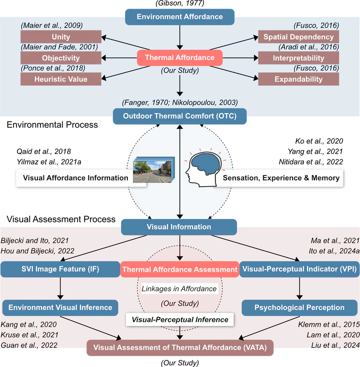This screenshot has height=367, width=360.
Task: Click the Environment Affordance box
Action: tap(180, 16)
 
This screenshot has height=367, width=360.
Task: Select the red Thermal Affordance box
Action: tap(179, 57)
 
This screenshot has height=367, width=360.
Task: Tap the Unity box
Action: tap(60, 37)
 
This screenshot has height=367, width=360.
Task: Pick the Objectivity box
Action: tap(60, 58)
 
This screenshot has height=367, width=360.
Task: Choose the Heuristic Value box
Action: tap(60, 79)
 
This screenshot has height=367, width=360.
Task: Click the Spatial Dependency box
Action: tap(298, 37)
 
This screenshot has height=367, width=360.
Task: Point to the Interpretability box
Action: tap(298, 58)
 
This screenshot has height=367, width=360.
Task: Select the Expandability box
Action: tap(298, 79)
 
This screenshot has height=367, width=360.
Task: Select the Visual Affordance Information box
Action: tap(75, 177)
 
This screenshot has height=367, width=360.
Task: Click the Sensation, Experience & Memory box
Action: tap(280, 177)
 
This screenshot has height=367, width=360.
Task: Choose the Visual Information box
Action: tap(178, 226)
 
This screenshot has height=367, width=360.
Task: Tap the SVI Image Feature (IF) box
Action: tap(60, 269)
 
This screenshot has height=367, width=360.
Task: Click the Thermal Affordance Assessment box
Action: tap(179, 269)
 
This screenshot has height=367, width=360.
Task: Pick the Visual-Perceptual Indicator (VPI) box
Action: tap(299, 269)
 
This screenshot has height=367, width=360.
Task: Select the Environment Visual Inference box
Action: tap(60, 307)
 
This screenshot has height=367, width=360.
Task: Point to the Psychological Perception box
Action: tap(299, 307)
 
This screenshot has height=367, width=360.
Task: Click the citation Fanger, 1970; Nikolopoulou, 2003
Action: tap(179, 102)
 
